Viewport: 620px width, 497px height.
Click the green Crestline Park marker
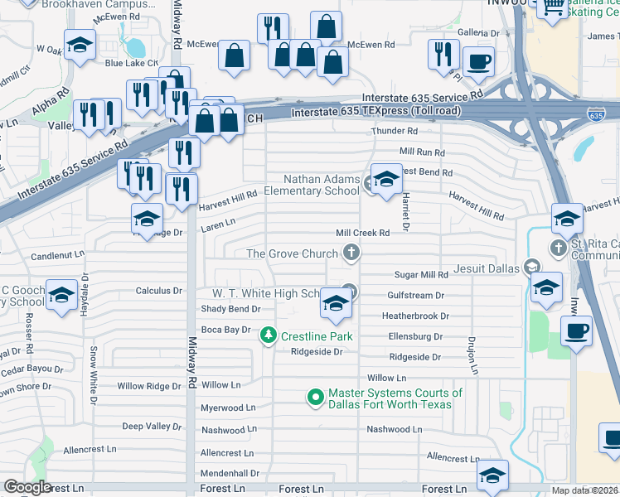coord(269,335)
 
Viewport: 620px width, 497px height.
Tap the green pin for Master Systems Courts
coord(315,398)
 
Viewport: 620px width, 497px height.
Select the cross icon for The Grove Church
coord(351,253)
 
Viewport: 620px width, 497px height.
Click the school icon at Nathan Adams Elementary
coord(385,179)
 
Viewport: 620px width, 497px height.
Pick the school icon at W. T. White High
coord(335,304)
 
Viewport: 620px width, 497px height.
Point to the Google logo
coord(27,487)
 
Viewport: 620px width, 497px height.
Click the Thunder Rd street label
coord(394,131)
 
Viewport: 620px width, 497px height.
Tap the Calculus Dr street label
coord(158,291)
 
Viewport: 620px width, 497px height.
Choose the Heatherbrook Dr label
coord(414,316)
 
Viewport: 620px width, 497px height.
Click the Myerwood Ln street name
coord(228,408)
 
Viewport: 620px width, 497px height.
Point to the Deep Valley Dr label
coord(152,426)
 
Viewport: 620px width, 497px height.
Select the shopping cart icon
coord(551,7)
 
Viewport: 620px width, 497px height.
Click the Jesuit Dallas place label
coord(486,268)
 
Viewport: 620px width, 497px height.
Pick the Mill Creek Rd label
coord(362,234)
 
